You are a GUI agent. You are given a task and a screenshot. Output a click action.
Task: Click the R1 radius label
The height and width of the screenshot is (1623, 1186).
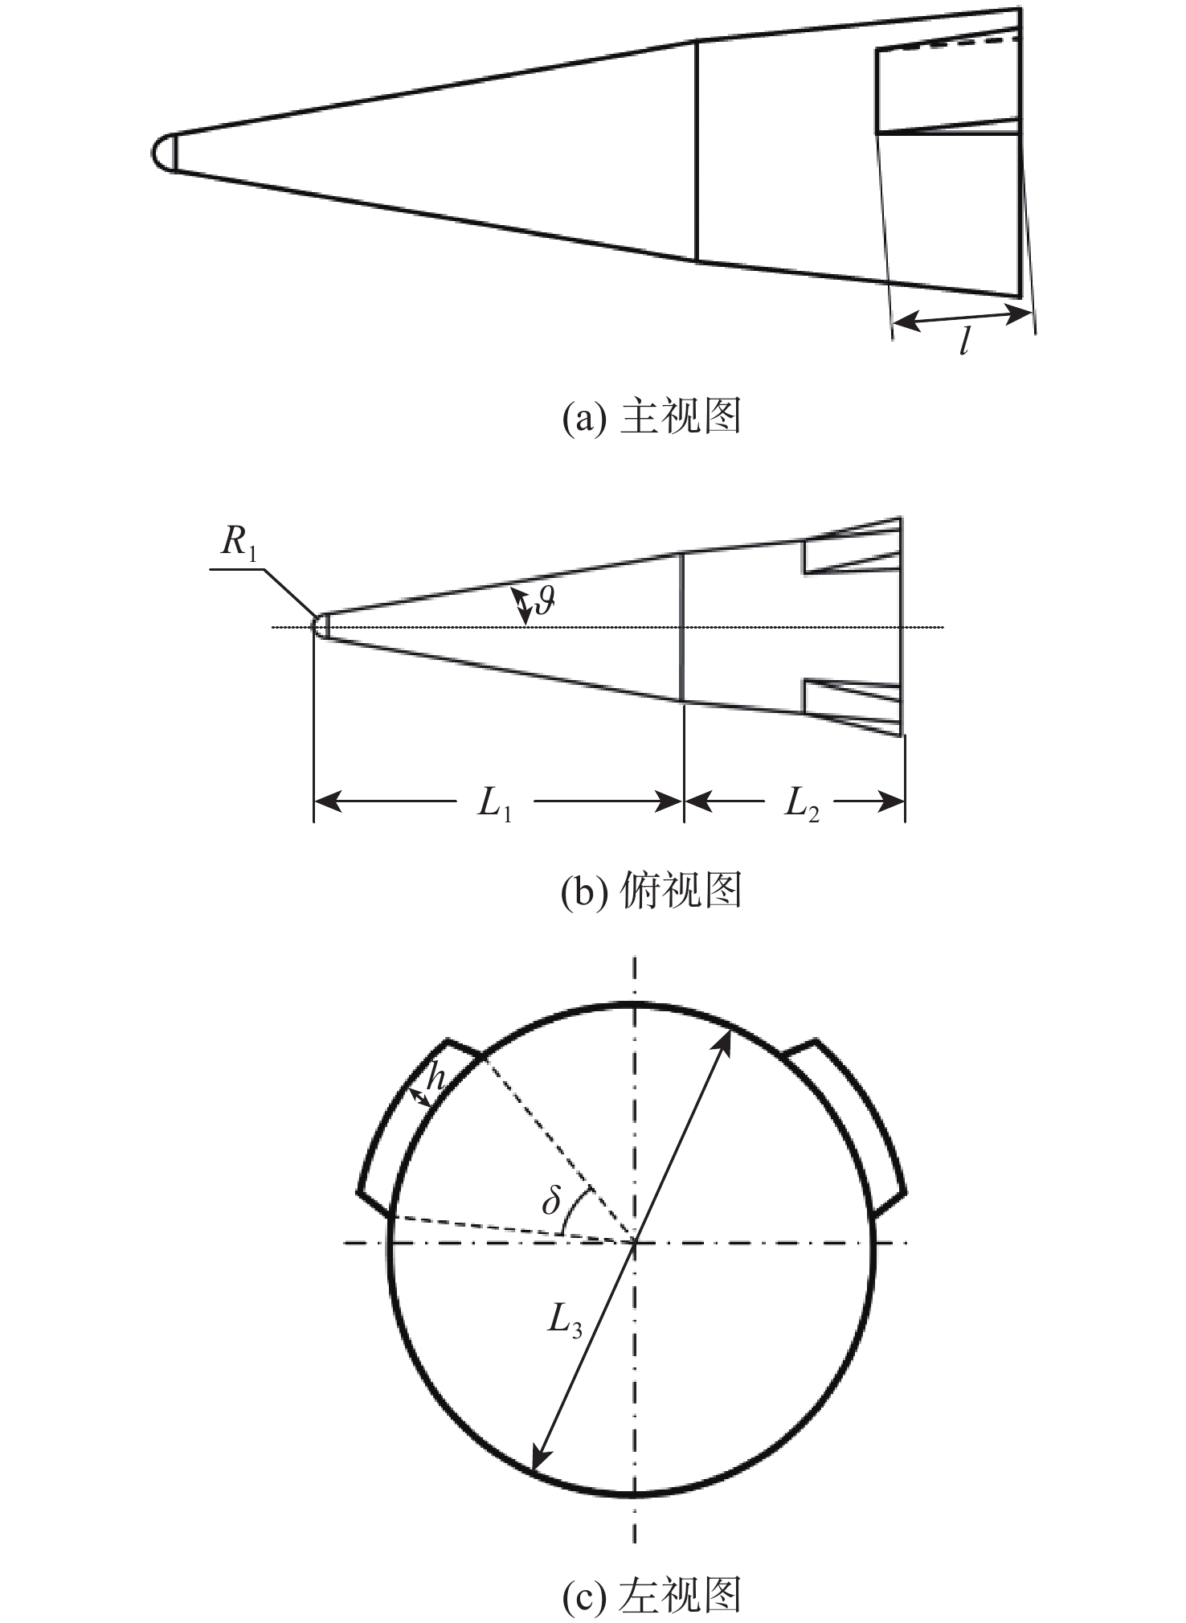(239, 546)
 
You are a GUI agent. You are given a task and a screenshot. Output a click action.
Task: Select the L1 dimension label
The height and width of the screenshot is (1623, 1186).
(494, 802)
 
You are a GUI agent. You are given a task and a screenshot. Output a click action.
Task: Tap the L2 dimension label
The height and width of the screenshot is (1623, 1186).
(802, 802)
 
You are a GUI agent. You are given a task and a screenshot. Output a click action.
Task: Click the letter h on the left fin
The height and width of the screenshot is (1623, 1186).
(435, 1076)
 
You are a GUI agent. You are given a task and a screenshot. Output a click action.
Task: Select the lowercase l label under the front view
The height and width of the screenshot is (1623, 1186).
(965, 342)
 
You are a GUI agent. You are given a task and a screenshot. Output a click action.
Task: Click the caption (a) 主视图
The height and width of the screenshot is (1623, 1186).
(651, 417)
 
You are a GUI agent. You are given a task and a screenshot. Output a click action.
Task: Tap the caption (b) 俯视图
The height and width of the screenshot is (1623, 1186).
(651, 890)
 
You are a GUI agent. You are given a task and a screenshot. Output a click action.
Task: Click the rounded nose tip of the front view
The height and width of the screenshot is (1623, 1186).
(164, 151)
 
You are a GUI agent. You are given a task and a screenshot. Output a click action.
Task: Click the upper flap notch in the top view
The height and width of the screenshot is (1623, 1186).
(852, 547)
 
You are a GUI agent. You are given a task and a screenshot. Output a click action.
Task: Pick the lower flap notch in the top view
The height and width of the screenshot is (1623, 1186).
(852, 707)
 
